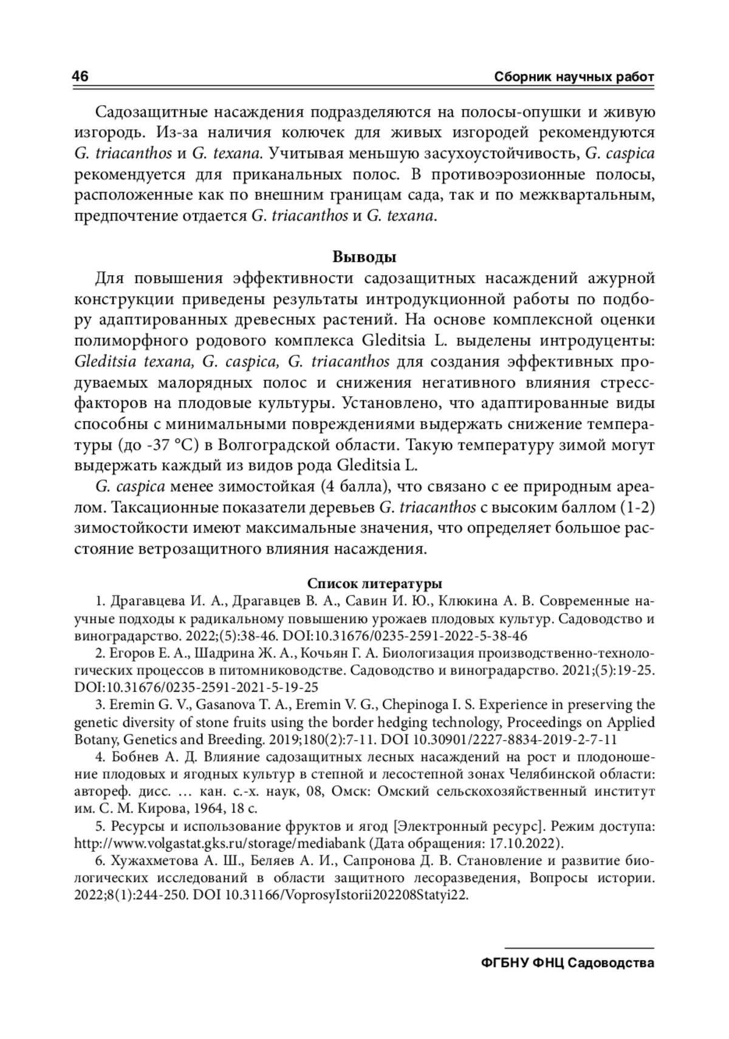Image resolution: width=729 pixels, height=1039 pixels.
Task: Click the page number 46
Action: point(81,77)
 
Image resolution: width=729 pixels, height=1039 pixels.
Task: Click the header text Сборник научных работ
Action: point(574,78)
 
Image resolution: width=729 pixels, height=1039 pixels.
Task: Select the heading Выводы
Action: point(364,257)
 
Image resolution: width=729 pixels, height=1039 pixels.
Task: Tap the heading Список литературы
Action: point(374,584)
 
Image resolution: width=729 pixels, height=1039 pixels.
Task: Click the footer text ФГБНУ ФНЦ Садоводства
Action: point(567,964)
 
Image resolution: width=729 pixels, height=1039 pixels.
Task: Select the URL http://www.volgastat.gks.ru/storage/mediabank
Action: point(219,843)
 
